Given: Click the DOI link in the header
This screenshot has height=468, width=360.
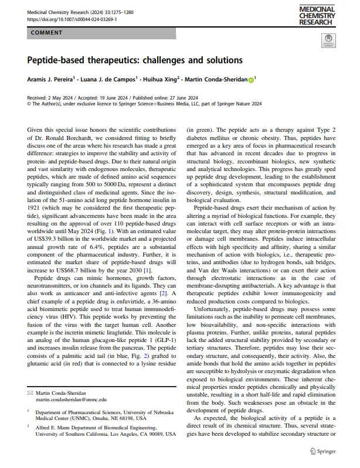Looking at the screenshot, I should tap(72, 19).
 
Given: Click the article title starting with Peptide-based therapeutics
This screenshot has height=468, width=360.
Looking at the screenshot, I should tap(135, 60).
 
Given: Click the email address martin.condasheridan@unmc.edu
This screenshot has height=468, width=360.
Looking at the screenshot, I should tap(70, 399).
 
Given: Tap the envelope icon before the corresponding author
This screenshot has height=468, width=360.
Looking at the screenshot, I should tap(30, 393).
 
